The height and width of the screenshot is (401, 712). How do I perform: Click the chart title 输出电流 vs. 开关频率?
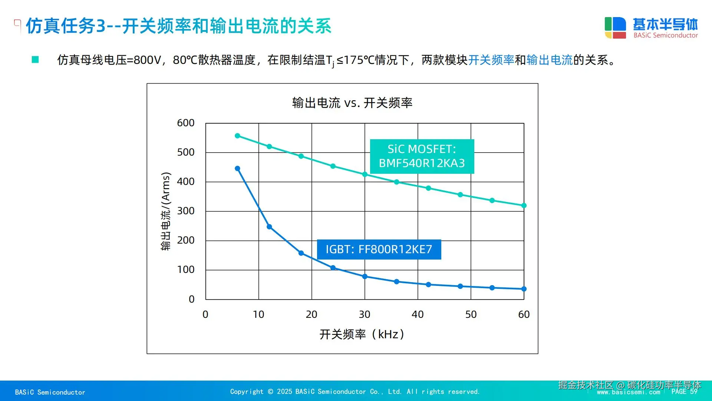352,103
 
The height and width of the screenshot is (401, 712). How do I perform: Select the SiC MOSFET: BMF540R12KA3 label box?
422,156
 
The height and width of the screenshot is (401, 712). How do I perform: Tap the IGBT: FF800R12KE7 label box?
379,250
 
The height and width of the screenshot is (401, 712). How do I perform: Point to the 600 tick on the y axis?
185,123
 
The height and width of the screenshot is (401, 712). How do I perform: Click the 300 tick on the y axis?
185,211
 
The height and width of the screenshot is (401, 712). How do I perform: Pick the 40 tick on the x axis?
417,314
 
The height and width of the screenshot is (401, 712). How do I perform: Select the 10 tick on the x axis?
258,314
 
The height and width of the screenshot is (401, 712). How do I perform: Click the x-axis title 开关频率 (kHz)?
362,334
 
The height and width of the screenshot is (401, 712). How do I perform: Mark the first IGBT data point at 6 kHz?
237,169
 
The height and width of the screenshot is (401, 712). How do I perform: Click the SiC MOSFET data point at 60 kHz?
524,205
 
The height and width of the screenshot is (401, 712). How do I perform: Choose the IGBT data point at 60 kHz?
524,289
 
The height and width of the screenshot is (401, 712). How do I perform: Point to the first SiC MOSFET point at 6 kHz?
237,136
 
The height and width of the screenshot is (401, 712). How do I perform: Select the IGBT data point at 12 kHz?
269,227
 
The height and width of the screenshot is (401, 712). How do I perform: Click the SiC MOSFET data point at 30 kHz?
365,174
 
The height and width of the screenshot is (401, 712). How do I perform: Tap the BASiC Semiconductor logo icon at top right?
615,28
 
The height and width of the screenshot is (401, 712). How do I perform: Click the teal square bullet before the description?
35,60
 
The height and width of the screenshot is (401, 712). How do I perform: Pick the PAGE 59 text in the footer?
684,392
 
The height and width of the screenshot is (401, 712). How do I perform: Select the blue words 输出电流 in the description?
550,60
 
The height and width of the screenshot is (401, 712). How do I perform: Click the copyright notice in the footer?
355,392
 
